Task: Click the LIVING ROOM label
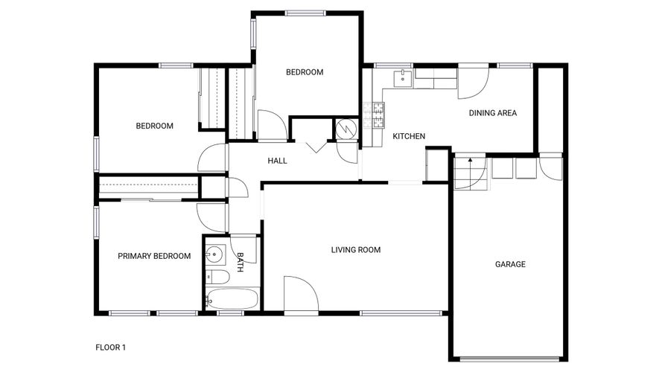coord(355,250)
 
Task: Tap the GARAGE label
coord(510,264)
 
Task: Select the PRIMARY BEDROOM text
coord(154,256)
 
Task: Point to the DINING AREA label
coord(493,113)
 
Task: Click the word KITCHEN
coord(409,136)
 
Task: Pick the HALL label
coord(277,161)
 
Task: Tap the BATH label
coord(240,262)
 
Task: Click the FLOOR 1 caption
coord(110,347)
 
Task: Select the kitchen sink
coord(403,78)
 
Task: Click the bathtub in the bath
coord(232,299)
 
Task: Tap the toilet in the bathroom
coord(217,277)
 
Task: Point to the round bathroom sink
coord(215,254)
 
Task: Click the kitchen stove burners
coord(374,115)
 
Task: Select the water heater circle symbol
coord(346,129)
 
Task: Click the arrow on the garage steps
coord(470,168)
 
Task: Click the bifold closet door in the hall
coord(316,147)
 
